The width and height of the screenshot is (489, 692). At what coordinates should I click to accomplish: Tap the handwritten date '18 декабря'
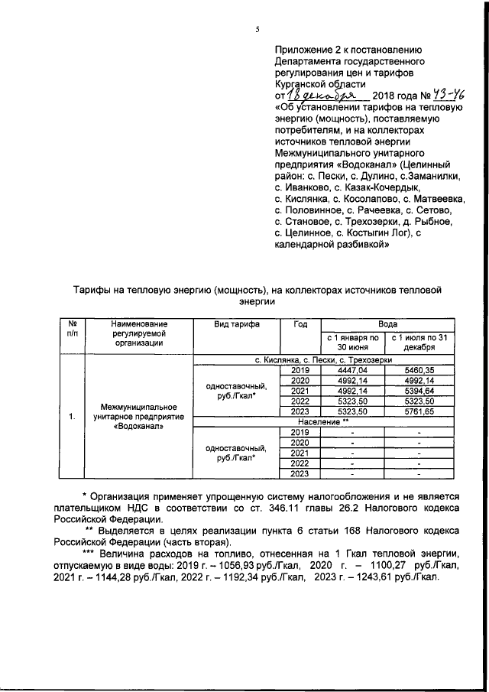[317, 96]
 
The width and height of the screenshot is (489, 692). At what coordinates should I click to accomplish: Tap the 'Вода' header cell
[387, 324]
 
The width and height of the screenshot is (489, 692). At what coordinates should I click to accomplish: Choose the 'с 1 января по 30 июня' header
[352, 342]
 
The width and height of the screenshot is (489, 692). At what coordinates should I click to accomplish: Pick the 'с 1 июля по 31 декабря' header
[419, 342]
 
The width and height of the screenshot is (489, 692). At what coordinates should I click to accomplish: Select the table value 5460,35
[419, 369]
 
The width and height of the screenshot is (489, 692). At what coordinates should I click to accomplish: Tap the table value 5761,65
[419, 411]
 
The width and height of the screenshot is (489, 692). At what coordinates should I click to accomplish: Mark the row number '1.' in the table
[71, 417]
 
